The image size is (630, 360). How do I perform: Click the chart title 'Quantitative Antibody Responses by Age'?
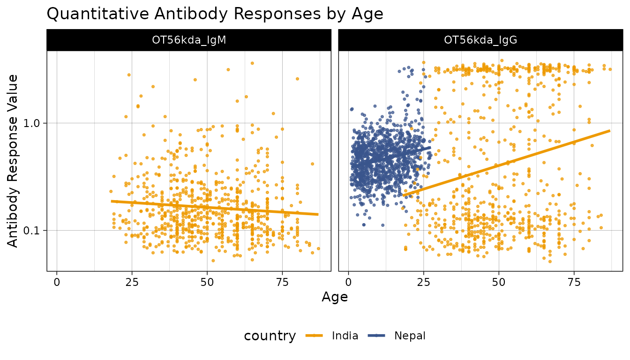215,14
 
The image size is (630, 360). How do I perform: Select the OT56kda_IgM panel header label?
189,40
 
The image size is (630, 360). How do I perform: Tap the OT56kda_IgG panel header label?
480,40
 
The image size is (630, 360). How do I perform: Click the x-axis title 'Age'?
335,297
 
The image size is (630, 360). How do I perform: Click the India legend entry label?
345,336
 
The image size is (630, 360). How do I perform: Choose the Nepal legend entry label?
410,336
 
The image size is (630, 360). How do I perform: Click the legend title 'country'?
270,336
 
